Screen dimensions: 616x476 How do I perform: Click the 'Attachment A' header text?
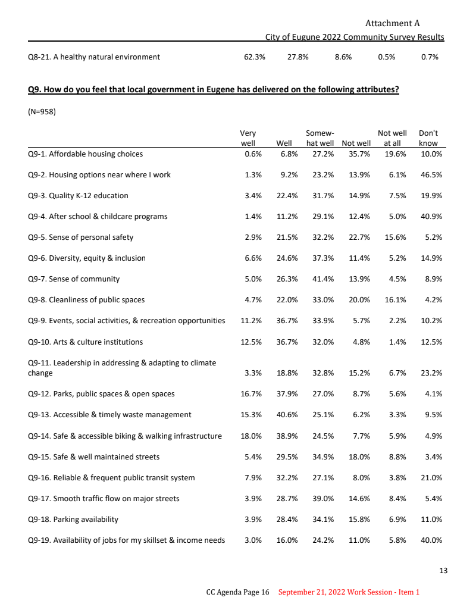392,24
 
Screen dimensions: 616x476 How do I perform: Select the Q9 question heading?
213,90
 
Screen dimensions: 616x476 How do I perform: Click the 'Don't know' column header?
428,138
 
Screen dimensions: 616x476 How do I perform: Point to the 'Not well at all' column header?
392,138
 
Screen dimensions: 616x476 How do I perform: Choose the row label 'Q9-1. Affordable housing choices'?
86,154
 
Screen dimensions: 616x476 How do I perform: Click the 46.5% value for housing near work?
431,175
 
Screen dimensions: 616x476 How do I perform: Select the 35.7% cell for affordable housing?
359,154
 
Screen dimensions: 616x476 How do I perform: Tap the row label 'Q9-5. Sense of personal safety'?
81,237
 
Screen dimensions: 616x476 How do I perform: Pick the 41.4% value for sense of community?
322,279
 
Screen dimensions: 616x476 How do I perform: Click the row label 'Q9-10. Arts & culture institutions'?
86,342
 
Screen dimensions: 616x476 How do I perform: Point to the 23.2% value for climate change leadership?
431,373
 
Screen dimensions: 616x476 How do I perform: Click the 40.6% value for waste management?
287,415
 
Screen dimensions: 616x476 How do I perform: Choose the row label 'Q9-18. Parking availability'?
73,520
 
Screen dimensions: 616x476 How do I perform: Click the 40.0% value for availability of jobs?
431,540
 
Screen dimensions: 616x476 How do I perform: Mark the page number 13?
443,571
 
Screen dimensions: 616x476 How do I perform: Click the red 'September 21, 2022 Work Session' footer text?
349,592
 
